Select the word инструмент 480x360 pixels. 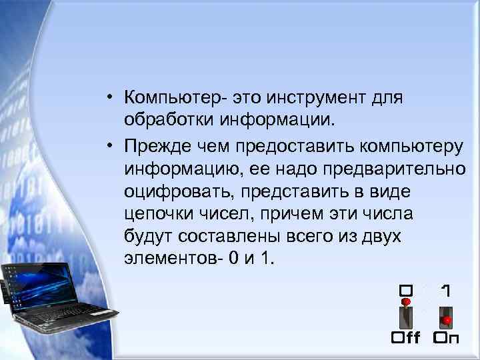click(x=323, y=98)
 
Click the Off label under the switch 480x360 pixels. click(x=405, y=337)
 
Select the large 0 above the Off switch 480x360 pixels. click(x=405, y=291)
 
